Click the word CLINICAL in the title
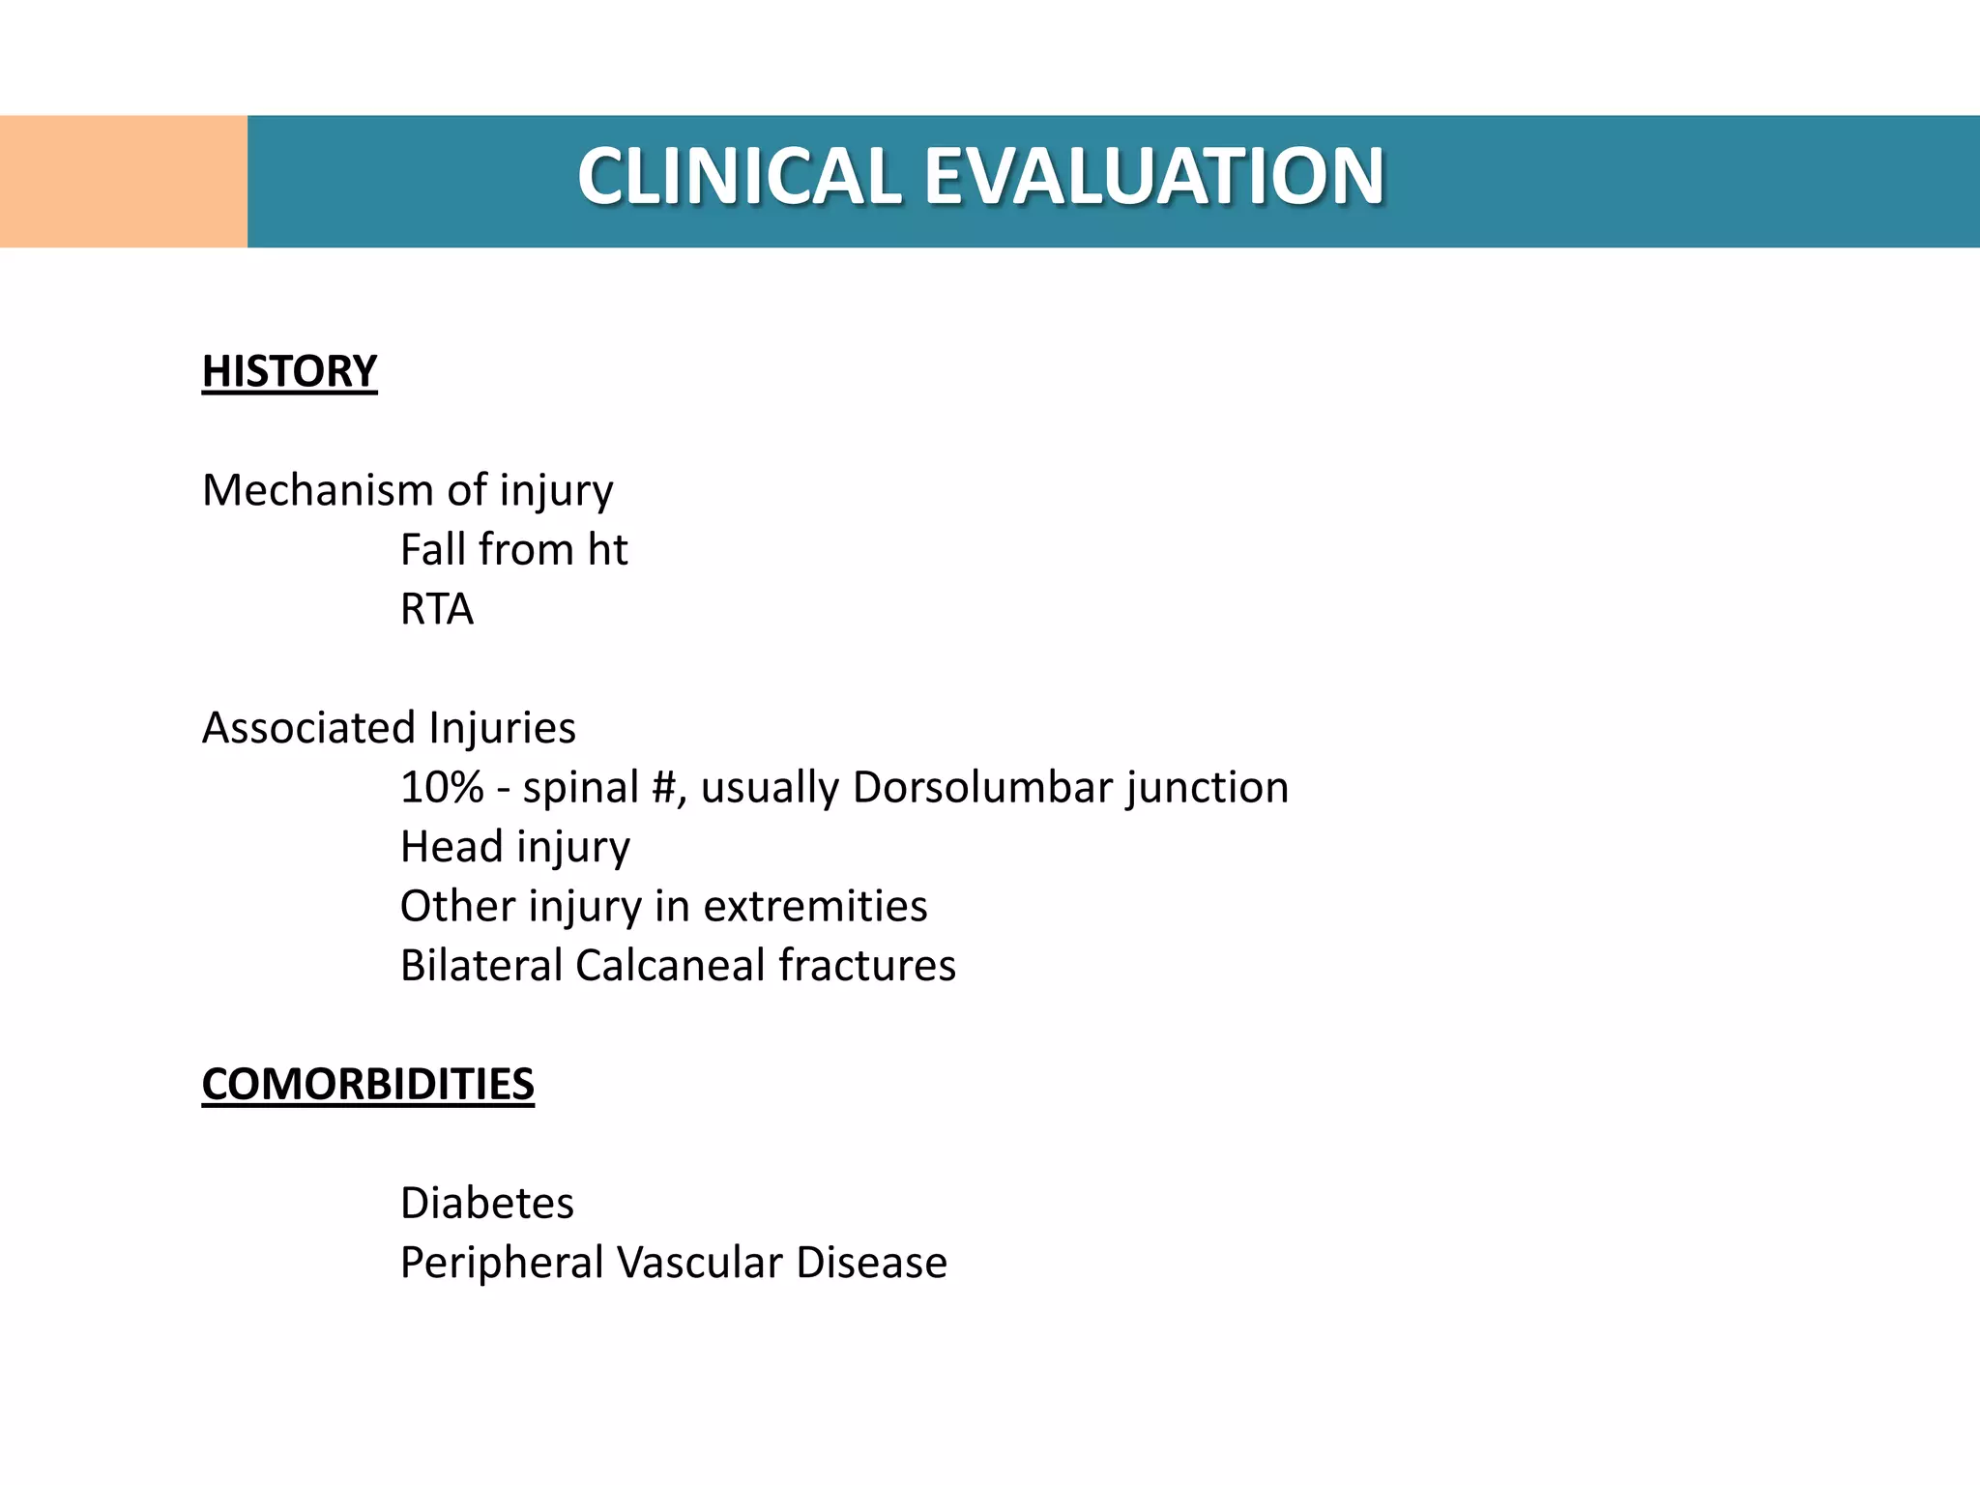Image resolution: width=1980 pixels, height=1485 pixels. tap(740, 177)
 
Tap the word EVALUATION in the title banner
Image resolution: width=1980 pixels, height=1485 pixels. tap(1154, 177)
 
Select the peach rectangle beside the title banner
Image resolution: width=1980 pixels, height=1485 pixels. tap(123, 182)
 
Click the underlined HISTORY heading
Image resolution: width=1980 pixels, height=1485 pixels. tap(289, 372)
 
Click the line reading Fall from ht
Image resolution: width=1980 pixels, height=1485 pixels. tap(513, 550)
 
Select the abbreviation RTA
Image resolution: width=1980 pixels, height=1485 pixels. tap(437, 610)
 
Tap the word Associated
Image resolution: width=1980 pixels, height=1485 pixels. tap(308, 728)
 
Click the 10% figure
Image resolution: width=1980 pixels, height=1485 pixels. tap(442, 788)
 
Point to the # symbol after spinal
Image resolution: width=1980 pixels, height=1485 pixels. tap(663, 788)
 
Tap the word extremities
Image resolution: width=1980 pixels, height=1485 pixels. tap(815, 907)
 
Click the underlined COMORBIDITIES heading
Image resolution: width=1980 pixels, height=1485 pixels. tap(367, 1085)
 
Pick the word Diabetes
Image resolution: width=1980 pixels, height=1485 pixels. tap(487, 1204)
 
